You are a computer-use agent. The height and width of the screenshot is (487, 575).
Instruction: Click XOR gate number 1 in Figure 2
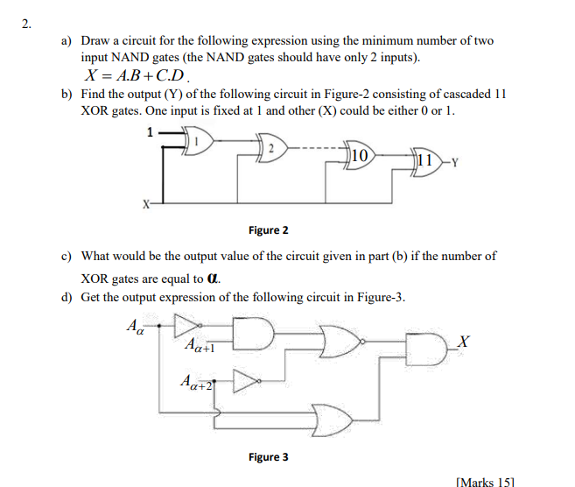[198, 140]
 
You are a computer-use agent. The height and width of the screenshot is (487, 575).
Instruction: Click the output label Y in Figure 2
[455, 162]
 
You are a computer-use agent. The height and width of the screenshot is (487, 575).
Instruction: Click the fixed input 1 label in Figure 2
[150, 132]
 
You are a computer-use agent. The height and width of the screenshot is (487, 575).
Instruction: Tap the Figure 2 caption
[269, 230]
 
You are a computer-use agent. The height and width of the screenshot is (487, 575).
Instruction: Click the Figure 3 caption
[269, 456]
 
